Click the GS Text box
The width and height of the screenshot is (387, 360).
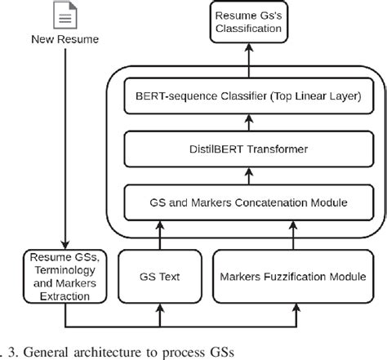[x=159, y=278]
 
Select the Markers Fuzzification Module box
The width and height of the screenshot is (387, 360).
[x=290, y=278]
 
